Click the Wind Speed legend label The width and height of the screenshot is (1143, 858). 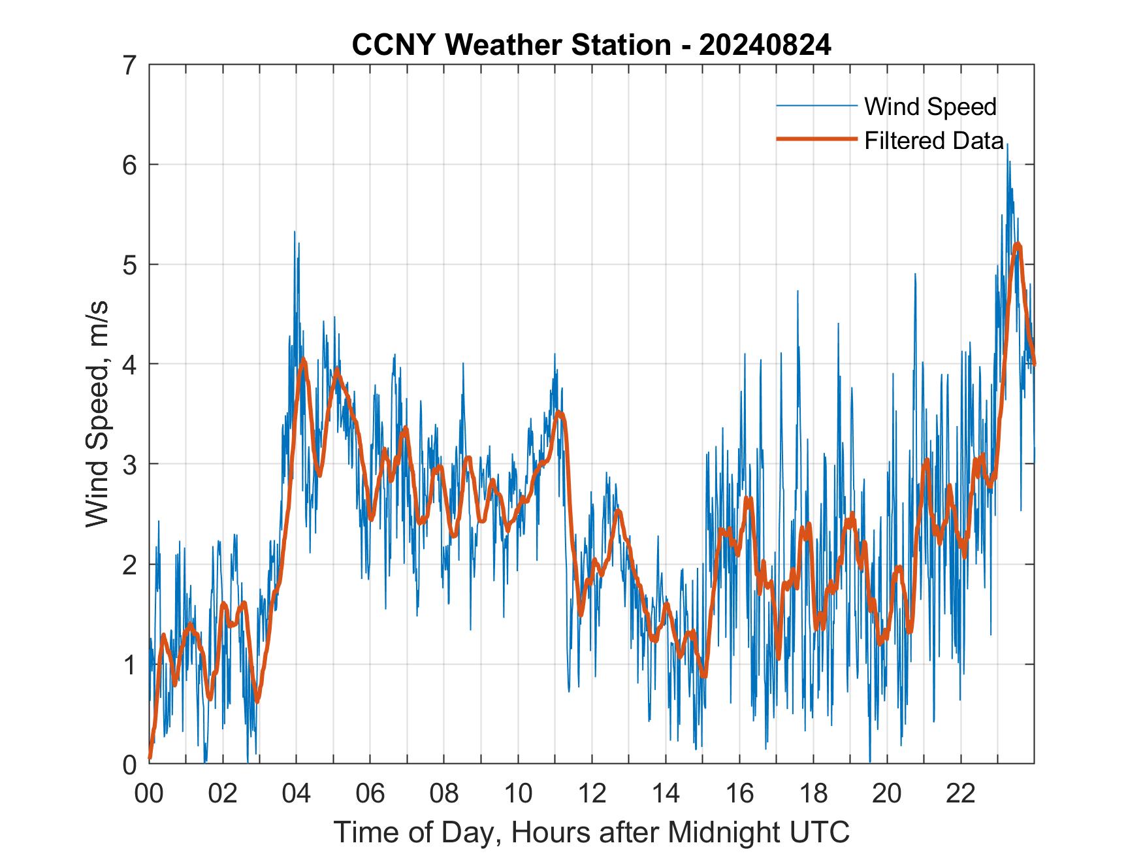(x=930, y=107)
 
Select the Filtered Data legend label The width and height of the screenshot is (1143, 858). (x=934, y=140)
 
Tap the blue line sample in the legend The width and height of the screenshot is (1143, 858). (x=816, y=106)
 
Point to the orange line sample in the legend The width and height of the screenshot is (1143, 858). (x=816, y=139)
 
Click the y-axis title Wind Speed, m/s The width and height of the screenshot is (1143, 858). (x=97, y=414)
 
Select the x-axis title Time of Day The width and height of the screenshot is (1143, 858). (x=592, y=832)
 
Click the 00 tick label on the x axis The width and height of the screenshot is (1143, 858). (x=149, y=793)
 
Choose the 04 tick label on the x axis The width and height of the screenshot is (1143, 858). (x=297, y=793)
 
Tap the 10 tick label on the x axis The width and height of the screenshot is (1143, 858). (x=518, y=793)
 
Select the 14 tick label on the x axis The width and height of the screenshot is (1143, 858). (x=666, y=793)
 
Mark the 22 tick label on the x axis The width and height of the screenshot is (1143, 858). (x=961, y=793)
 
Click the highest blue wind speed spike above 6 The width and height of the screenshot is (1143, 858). (x=1007, y=145)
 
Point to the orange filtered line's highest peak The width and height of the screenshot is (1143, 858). (x=1018, y=245)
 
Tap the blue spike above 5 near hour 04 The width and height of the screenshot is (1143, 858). (x=295, y=232)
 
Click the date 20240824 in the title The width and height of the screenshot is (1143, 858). (x=765, y=45)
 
